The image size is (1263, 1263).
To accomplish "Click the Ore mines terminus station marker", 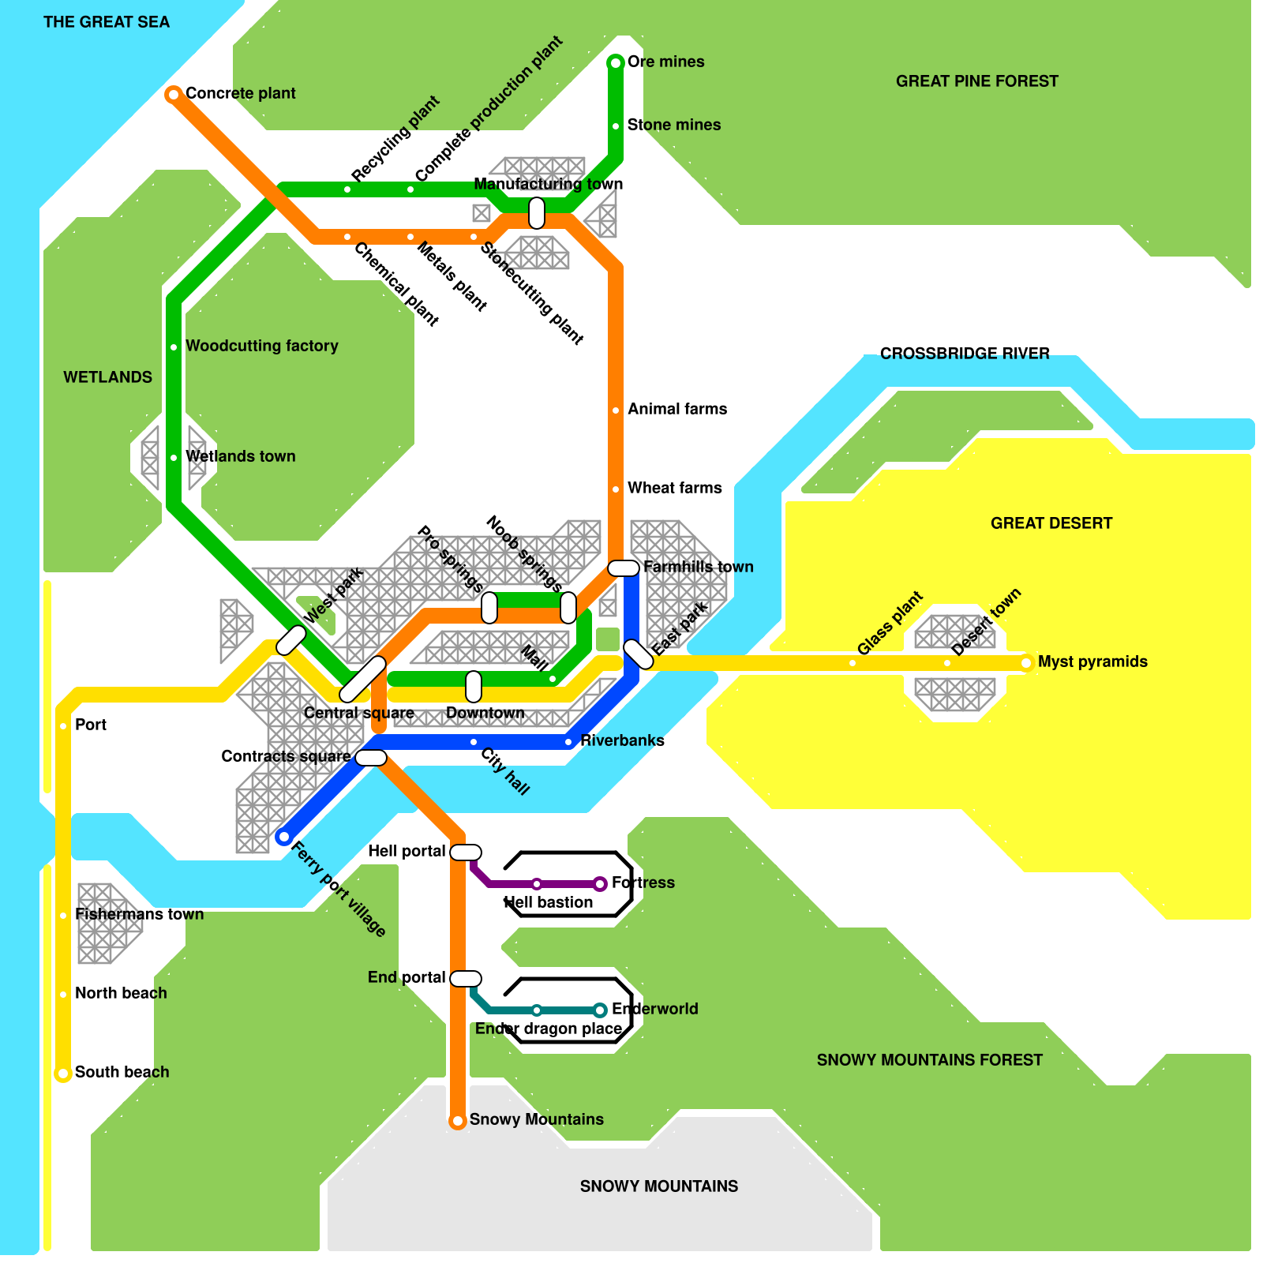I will [x=616, y=62].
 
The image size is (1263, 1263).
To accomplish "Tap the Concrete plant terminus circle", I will [x=173, y=95].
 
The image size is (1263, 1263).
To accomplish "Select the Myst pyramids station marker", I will [x=1026, y=663].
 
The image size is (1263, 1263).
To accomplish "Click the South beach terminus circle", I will [x=63, y=1074].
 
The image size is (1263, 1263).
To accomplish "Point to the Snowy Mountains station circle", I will [x=458, y=1121].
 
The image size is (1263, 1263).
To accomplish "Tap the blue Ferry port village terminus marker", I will [x=283, y=837].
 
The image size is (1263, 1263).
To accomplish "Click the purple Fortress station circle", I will [x=600, y=884].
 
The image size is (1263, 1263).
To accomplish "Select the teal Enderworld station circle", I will [x=600, y=1010].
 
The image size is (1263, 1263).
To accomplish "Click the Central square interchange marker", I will [x=362, y=679].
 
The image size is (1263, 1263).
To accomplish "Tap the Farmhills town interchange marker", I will [x=624, y=568].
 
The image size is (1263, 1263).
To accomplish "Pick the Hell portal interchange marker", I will [x=466, y=853].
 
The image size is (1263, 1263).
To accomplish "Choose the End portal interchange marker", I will [x=466, y=979].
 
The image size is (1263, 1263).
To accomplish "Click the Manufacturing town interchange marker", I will [x=537, y=213].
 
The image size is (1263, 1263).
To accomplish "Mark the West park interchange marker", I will [x=290, y=640].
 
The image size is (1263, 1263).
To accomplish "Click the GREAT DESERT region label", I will [x=1051, y=523].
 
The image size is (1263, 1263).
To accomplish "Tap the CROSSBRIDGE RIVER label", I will [x=965, y=354].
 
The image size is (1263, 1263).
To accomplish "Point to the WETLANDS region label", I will [x=107, y=377].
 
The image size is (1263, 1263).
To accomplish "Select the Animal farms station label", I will [x=677, y=409].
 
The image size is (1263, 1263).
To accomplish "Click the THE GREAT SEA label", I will [x=107, y=22].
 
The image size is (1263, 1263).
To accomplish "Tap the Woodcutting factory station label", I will [x=261, y=346].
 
